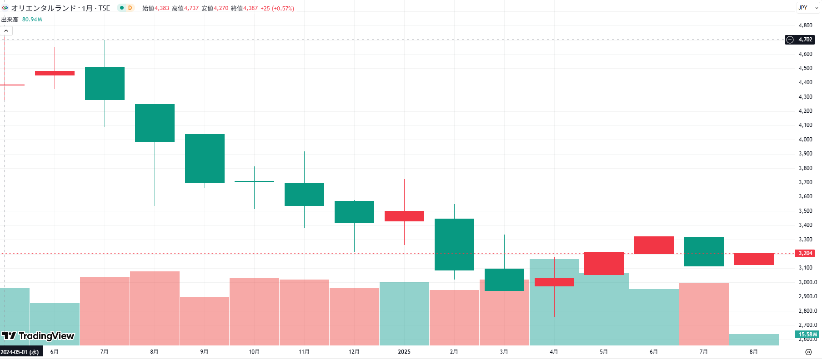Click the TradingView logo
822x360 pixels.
(x=38, y=336)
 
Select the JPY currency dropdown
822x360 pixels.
(x=808, y=8)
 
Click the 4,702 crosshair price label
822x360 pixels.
(x=805, y=40)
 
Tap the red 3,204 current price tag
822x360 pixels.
(x=805, y=253)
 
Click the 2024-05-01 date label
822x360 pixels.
(x=20, y=352)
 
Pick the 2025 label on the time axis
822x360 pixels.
(x=404, y=352)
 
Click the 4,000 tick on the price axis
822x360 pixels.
(x=805, y=140)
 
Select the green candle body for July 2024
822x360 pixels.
(x=105, y=84)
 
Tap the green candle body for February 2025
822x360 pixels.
(x=454, y=245)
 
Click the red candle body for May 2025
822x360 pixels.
(x=604, y=263)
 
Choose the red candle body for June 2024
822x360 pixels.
(x=55, y=73)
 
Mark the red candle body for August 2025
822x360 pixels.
(x=754, y=259)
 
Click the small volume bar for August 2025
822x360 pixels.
(x=754, y=340)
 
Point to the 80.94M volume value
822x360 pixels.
(x=32, y=20)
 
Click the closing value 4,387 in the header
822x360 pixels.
(x=251, y=8)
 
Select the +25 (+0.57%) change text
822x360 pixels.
(x=277, y=8)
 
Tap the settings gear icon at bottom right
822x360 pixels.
(x=808, y=352)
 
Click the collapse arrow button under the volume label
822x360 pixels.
(x=6, y=30)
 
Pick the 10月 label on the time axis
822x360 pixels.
(x=254, y=352)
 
